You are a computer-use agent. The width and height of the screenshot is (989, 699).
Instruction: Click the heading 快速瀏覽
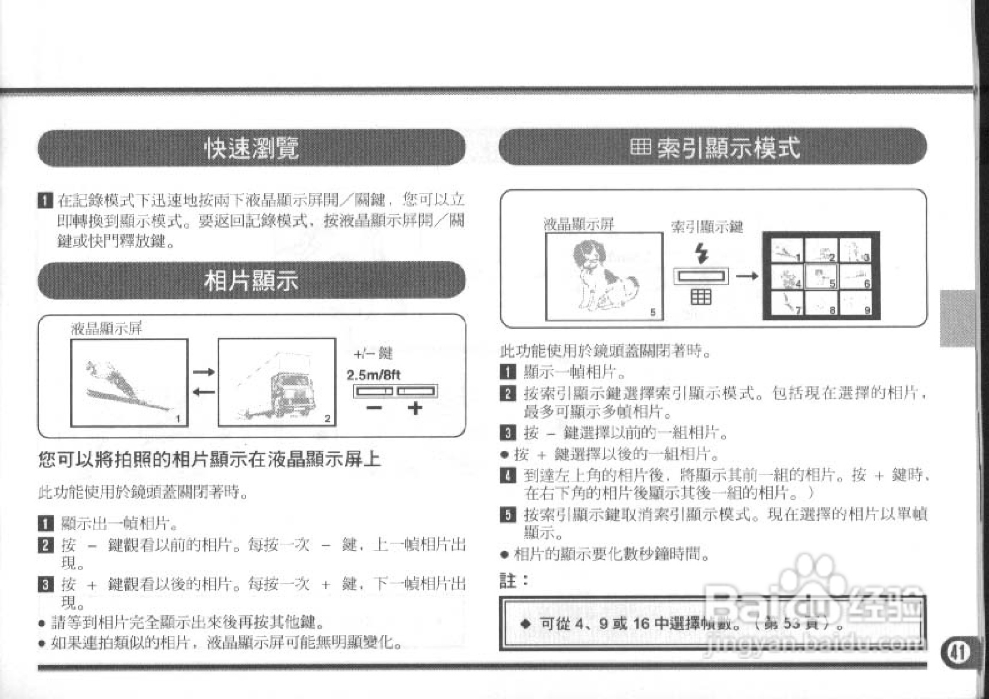[x=252, y=148]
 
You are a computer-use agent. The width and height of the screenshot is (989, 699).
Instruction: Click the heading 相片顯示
[x=252, y=280]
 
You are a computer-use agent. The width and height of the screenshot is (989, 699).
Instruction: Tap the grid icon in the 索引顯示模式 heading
[x=640, y=147]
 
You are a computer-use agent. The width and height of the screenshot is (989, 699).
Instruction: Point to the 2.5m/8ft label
[x=374, y=376]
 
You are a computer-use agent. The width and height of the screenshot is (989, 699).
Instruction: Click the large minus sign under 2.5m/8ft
[x=374, y=408]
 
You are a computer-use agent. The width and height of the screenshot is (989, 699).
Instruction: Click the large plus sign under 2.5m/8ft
[x=415, y=408]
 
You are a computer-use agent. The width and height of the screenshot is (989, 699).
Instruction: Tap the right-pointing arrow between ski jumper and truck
[x=203, y=373]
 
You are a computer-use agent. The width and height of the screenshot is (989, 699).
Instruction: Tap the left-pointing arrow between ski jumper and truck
[x=203, y=392]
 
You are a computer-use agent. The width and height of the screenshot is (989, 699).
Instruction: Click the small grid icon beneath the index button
[x=701, y=296]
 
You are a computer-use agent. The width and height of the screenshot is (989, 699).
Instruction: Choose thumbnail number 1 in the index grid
[x=787, y=250]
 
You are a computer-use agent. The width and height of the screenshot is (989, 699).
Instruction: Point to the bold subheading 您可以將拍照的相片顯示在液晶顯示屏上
[x=210, y=459]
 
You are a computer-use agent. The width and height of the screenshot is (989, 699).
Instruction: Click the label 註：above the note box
[x=514, y=580]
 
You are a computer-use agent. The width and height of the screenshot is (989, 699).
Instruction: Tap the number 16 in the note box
[x=641, y=624]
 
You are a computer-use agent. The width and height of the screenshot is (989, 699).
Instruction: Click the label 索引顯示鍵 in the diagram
[x=707, y=227]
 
